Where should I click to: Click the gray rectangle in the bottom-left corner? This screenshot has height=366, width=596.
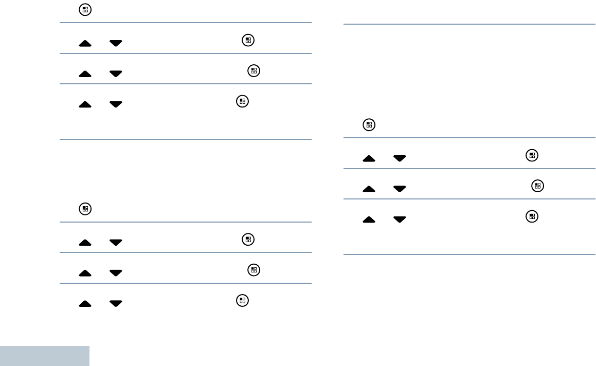click(45, 356)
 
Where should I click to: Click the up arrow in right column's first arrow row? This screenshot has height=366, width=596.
click(369, 159)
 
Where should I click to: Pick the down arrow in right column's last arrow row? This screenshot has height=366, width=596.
click(399, 219)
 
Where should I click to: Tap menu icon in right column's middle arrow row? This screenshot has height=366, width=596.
click(537, 186)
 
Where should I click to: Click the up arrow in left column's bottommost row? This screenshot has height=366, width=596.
click(85, 304)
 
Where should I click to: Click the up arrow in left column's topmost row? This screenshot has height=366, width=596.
click(85, 44)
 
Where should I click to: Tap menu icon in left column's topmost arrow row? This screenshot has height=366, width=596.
click(248, 40)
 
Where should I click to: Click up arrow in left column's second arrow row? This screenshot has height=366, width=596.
click(85, 75)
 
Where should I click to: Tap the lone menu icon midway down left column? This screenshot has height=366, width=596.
click(85, 209)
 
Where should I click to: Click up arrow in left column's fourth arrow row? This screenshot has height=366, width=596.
click(85, 243)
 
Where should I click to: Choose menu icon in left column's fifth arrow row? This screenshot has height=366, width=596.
click(252, 270)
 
